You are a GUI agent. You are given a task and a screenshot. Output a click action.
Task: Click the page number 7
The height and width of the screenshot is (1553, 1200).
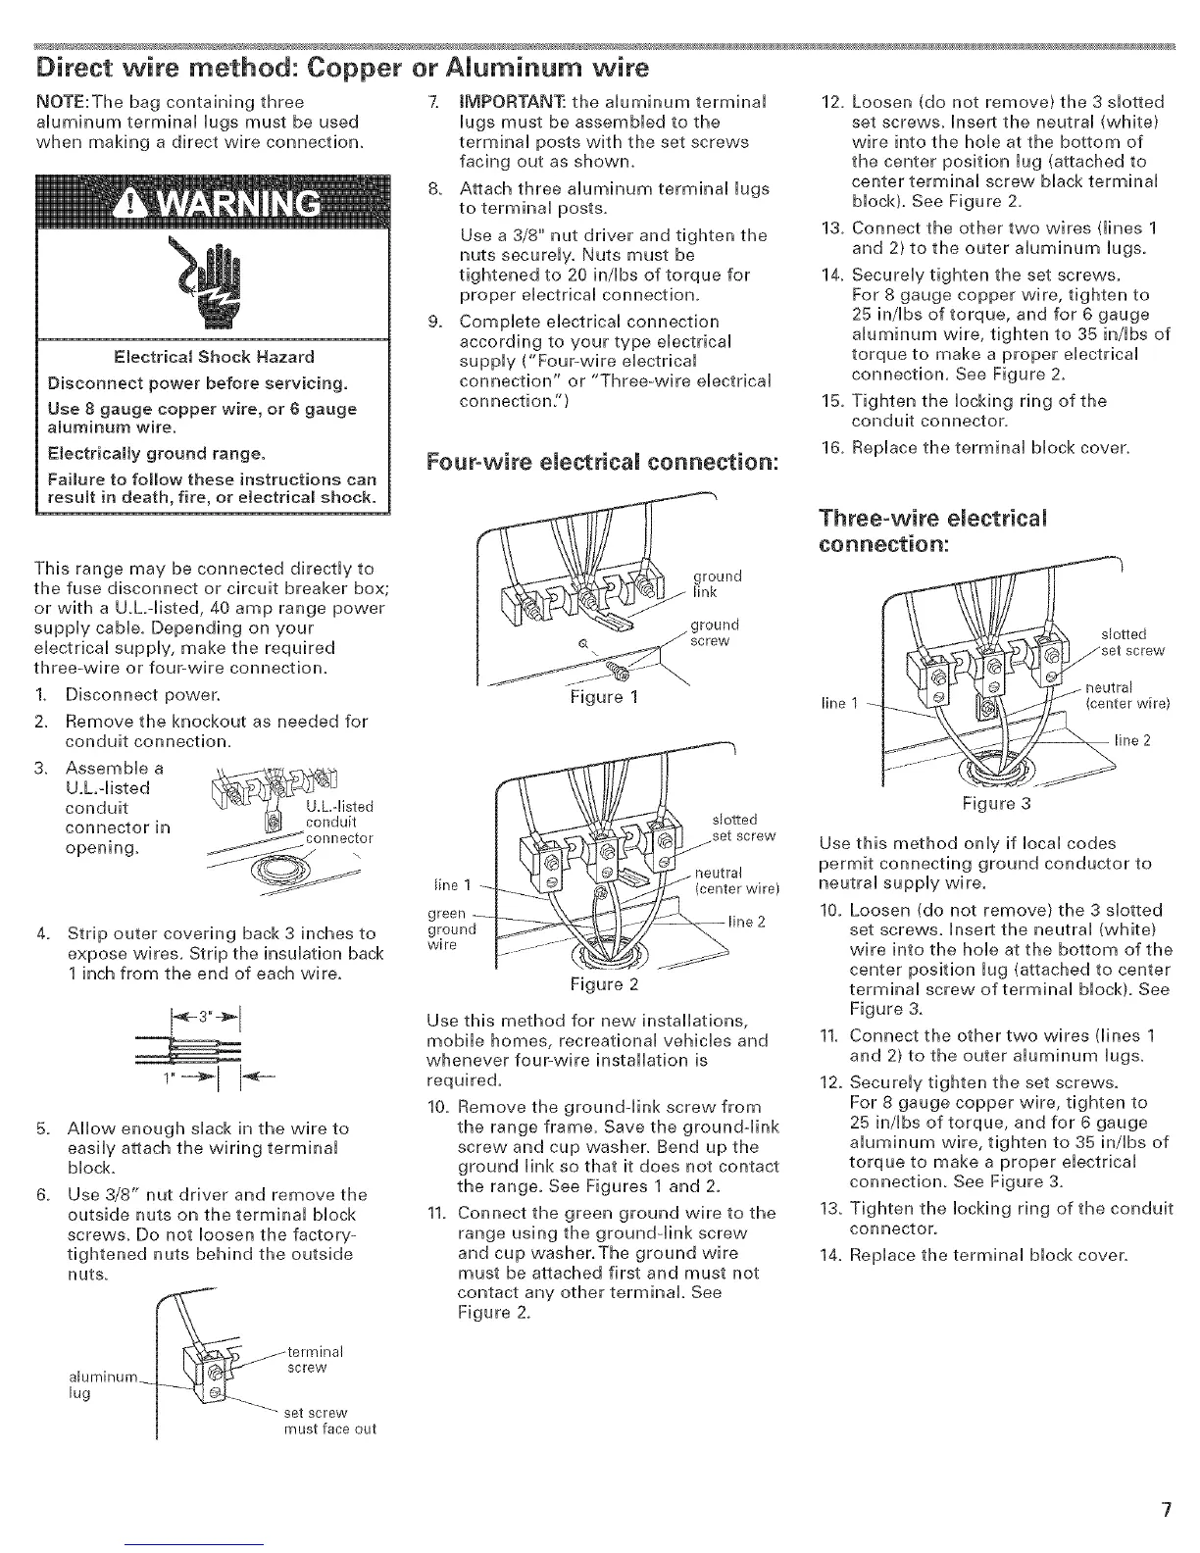tap(1166, 1510)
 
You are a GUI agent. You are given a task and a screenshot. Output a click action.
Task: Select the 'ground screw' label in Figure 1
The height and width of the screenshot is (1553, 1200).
tap(714, 631)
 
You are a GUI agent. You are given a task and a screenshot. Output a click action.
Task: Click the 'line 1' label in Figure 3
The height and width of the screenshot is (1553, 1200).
tap(837, 702)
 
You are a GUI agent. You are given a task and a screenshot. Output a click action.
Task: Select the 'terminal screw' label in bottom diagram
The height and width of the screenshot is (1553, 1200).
tap(315, 1360)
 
